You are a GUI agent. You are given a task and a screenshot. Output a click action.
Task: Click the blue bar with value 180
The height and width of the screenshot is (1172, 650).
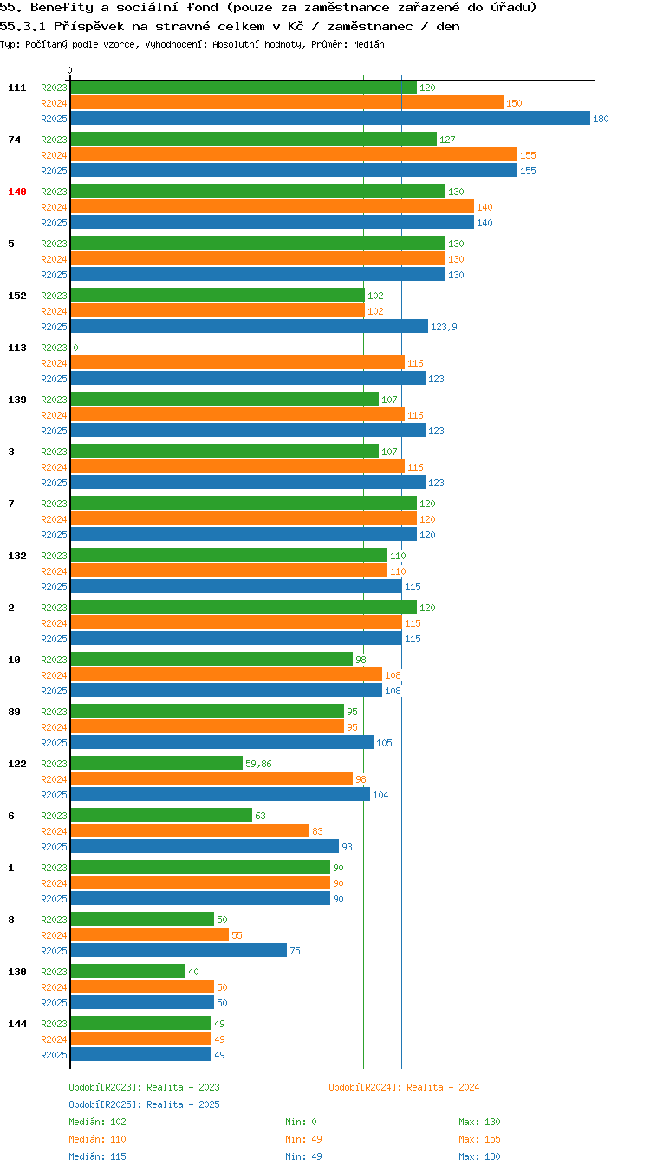pyautogui.click(x=330, y=118)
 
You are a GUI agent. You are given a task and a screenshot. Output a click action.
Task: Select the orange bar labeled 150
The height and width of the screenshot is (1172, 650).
pyautogui.click(x=287, y=102)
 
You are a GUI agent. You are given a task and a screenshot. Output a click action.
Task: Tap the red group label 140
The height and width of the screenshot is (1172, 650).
pyautogui.click(x=16, y=192)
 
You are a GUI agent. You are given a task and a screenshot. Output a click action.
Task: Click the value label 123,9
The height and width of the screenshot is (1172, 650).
pyautogui.click(x=444, y=327)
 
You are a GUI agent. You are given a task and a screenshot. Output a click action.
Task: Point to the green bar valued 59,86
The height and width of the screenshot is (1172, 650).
pyautogui.click(x=156, y=763)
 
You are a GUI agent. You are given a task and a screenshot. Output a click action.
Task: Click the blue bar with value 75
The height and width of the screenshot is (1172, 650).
pyautogui.click(x=179, y=950)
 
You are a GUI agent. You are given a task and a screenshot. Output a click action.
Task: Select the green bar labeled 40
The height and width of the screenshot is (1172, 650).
pyautogui.click(x=128, y=971)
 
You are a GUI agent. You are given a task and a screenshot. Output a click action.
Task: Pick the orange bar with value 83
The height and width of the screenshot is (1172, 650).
pyautogui.click(x=190, y=830)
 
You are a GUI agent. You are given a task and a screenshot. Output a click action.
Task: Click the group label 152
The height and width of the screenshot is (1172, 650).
pyautogui.click(x=16, y=296)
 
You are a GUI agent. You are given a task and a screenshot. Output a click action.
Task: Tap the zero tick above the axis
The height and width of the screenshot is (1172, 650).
pyautogui.click(x=69, y=70)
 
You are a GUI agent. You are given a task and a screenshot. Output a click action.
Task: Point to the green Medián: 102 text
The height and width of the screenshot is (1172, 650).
pyautogui.click(x=97, y=1121)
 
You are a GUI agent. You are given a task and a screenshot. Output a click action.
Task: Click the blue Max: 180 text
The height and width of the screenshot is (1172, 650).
pyautogui.click(x=479, y=1156)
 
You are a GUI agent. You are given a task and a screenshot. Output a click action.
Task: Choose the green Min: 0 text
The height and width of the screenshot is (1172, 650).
pyautogui.click(x=301, y=1121)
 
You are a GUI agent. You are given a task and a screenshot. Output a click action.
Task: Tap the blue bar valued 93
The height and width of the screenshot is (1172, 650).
pyautogui.click(x=205, y=846)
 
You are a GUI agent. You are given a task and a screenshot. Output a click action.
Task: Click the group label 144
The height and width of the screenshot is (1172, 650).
pyautogui.click(x=16, y=1024)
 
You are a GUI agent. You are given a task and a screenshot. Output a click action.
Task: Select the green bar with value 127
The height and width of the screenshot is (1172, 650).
pyautogui.click(x=254, y=139)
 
